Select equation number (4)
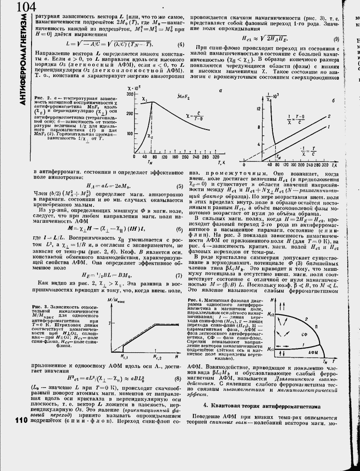180,45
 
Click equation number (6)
179,229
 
